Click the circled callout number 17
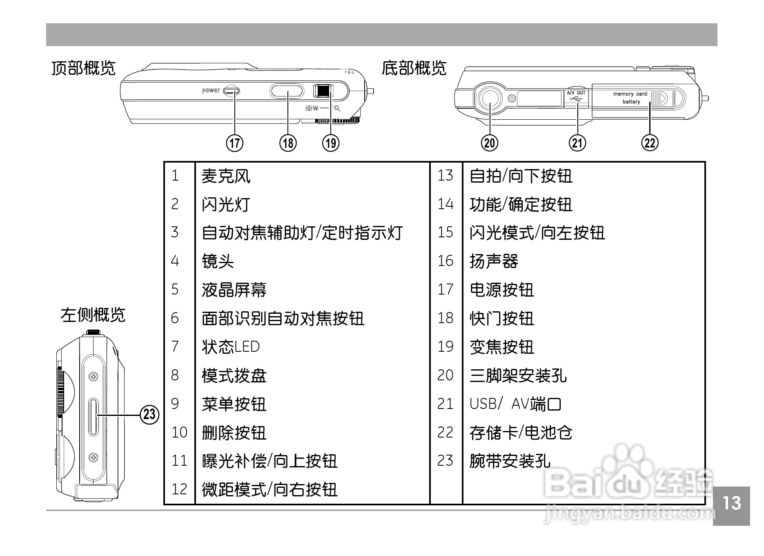235,143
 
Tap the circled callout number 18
288,143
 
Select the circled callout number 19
331,143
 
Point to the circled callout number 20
490,143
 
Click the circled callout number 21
577,143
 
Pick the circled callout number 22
650,143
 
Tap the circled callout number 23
149,414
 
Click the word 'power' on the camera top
211,90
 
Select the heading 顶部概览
84,68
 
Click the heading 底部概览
414,68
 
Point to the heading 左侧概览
93,315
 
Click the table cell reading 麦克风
226,176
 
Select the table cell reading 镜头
218,261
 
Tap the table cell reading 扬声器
494,261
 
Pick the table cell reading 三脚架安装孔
518,375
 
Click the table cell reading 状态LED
231,347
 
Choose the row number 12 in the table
179,489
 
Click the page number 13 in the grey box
731,503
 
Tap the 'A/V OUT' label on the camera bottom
576,93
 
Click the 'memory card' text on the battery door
630,94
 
